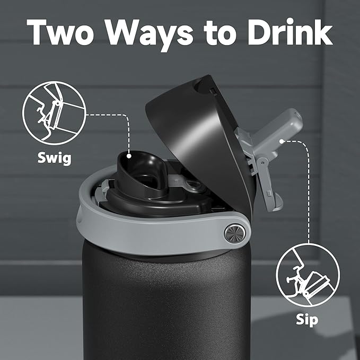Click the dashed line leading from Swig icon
pos(109,115)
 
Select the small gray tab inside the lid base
pos(192,183)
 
